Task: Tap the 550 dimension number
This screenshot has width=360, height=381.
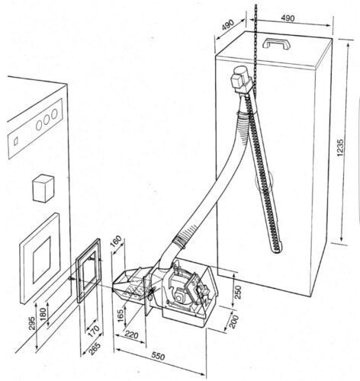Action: pyautogui.click(x=158, y=357)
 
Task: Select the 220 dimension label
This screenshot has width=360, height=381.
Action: pyautogui.click(x=132, y=335)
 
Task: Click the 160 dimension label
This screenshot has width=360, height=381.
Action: pyautogui.click(x=117, y=241)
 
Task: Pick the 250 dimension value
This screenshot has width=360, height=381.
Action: pyautogui.click(x=238, y=292)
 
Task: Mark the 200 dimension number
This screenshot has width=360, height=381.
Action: pyautogui.click(x=234, y=322)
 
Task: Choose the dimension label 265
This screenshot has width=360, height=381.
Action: pyautogui.click(x=95, y=349)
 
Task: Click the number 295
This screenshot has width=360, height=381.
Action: pyautogui.click(x=32, y=323)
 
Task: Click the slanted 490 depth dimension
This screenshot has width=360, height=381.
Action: pyautogui.click(x=228, y=25)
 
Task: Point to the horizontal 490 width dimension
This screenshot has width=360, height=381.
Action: pyautogui.click(x=288, y=18)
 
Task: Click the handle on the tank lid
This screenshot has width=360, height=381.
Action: pyautogui.click(x=277, y=43)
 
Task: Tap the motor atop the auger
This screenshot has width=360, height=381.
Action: pyautogui.click(x=241, y=79)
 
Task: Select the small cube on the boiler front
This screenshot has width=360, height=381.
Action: pyautogui.click(x=43, y=188)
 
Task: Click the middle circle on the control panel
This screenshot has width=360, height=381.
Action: pyautogui.click(x=47, y=120)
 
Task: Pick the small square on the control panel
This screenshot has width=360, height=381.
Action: pyautogui.click(x=16, y=141)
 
